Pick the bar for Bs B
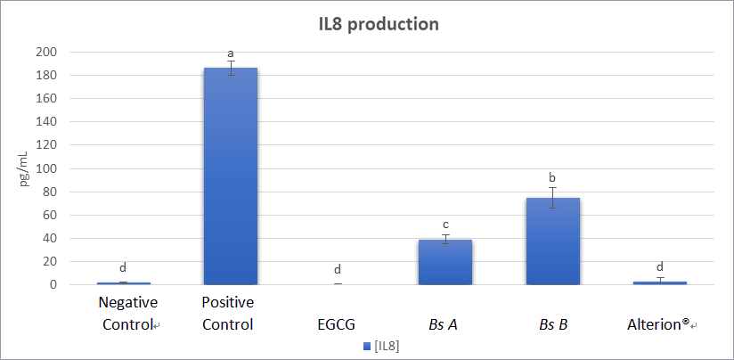[x=552, y=241]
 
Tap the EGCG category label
[x=337, y=324]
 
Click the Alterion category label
[x=659, y=324]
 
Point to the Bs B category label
[x=552, y=324]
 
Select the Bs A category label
[x=444, y=324]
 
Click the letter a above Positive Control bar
[x=231, y=53]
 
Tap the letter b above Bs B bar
[x=552, y=177]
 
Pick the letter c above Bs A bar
[x=444, y=224]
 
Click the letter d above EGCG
[x=338, y=269]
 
